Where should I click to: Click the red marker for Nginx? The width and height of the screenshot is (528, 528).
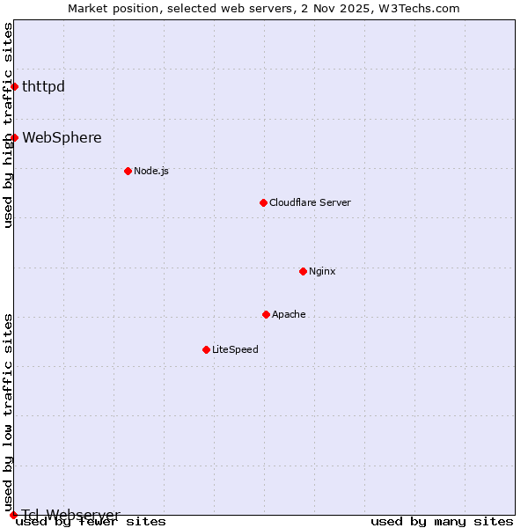coord(303,271)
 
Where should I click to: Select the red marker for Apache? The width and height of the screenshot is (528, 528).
coord(266,314)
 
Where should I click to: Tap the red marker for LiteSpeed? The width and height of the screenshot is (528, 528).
coord(206,349)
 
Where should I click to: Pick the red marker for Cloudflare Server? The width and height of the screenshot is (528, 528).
coord(263,202)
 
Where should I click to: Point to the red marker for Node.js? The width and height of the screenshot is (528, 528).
coord(128,171)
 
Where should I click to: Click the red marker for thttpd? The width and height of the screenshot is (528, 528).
coord(14,86)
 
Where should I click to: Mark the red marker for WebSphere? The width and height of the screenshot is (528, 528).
coord(14,137)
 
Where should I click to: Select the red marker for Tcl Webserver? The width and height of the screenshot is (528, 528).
coord(14,515)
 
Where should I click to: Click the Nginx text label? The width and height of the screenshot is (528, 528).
coord(322,271)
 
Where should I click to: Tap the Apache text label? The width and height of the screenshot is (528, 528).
coord(289,314)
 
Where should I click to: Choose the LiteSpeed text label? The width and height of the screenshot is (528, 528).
coord(235,349)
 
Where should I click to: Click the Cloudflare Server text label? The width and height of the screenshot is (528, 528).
coord(310,202)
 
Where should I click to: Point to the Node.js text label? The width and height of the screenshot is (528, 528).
coord(151,171)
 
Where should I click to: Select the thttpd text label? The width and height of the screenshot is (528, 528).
coord(43,86)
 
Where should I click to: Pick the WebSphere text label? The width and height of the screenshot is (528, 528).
coord(62,137)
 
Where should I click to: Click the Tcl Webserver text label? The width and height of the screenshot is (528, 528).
coord(70,515)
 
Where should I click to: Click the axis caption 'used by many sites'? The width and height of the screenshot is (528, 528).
coord(442,522)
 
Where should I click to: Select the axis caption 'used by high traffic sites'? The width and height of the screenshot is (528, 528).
coord(9,125)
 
